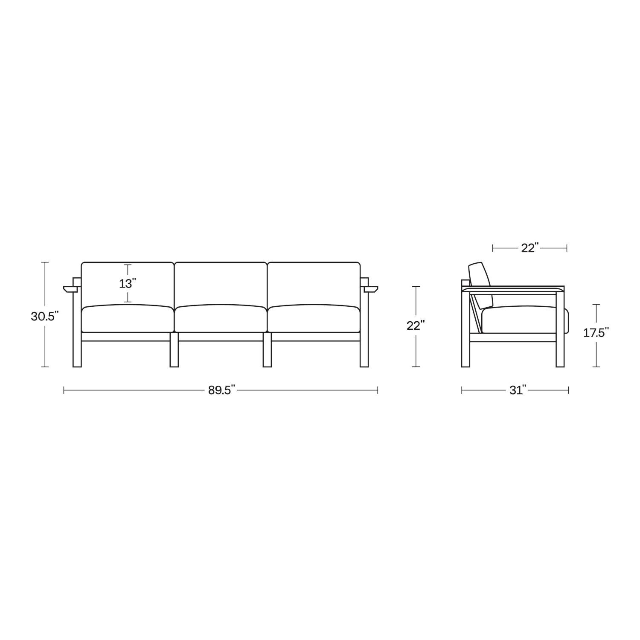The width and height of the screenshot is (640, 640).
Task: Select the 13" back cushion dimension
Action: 128,283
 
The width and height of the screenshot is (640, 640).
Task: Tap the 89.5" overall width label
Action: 221,390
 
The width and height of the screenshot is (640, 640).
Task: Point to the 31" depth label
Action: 517,390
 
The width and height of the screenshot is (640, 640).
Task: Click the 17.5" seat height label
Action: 596,333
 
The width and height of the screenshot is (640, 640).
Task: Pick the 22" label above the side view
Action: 529,248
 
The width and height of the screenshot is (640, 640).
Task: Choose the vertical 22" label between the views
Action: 416,326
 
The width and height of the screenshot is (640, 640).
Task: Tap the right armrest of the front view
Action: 370,289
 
